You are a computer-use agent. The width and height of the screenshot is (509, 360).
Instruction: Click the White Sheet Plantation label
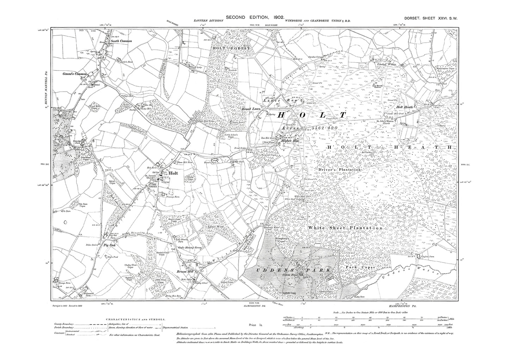pyautogui.click(x=345, y=228)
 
